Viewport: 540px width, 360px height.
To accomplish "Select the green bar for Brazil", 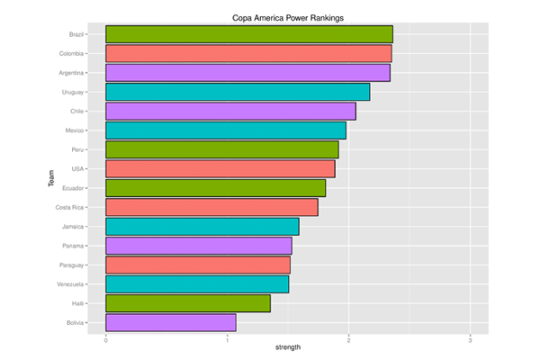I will tap(249, 34).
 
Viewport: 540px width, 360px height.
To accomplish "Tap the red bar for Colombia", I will tap(248, 53).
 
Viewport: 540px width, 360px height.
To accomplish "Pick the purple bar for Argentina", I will tap(247, 73).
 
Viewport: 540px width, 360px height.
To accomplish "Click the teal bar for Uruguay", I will tap(238, 92).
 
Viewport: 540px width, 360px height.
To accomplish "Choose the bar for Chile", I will tap(230, 111).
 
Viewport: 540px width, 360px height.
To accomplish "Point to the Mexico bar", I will tap(226, 130).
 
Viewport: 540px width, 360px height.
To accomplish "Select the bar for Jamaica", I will tap(202, 226).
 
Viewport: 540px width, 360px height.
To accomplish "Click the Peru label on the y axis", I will tap(77, 149).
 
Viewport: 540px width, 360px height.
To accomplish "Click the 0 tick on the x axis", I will tap(106, 339).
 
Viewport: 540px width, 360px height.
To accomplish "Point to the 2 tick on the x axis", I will tap(348, 339).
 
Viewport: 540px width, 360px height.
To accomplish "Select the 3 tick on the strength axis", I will tap(470, 339).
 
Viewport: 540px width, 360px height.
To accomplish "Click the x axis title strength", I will tap(288, 348).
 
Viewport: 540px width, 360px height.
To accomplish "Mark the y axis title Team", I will tap(52, 178).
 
